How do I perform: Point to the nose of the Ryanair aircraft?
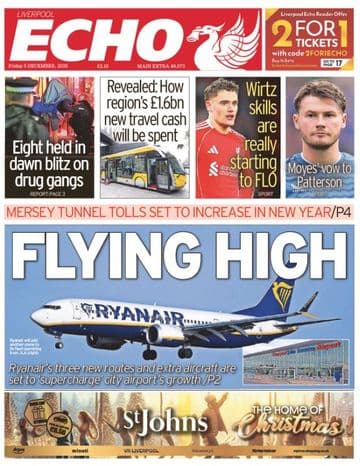point(36,317)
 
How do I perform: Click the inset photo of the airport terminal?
point(299,361)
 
